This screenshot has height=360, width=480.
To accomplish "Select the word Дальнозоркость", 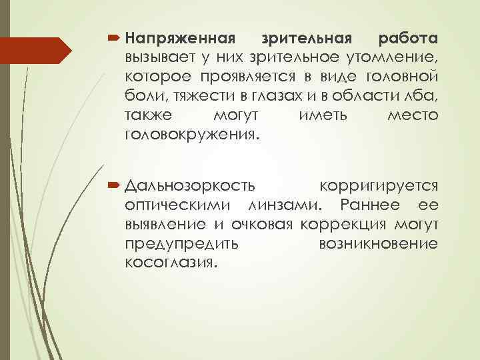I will (x=193, y=185).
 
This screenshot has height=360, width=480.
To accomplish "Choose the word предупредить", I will (x=183, y=245).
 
